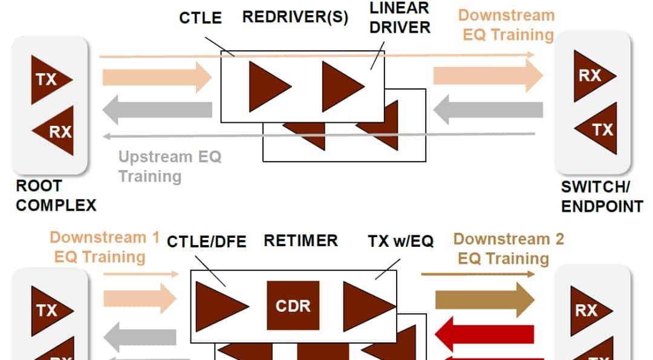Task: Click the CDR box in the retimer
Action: point(293,306)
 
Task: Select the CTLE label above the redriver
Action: point(200,18)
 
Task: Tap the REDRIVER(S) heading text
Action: point(295,17)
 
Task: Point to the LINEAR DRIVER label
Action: point(400,18)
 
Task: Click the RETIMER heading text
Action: point(301,241)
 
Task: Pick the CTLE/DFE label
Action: point(206,242)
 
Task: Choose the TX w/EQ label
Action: point(401,241)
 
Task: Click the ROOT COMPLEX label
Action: point(56,195)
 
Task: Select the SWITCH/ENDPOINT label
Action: point(601,197)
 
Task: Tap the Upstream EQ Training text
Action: point(170,166)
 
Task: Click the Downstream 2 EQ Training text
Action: point(508,249)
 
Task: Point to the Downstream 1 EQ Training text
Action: point(104,247)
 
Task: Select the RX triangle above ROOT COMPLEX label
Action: point(56,130)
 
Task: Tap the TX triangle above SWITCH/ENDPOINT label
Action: point(599,128)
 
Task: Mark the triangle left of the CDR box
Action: point(219,306)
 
